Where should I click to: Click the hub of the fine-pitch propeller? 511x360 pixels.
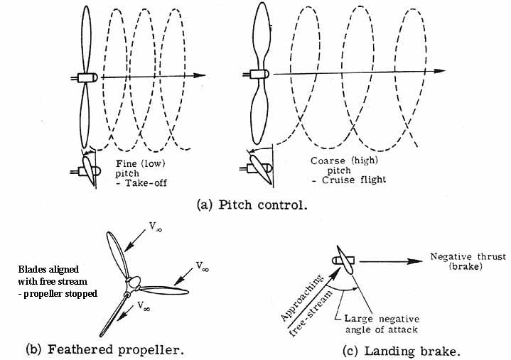coord(87,77)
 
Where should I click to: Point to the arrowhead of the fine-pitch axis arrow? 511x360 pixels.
coord(204,75)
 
